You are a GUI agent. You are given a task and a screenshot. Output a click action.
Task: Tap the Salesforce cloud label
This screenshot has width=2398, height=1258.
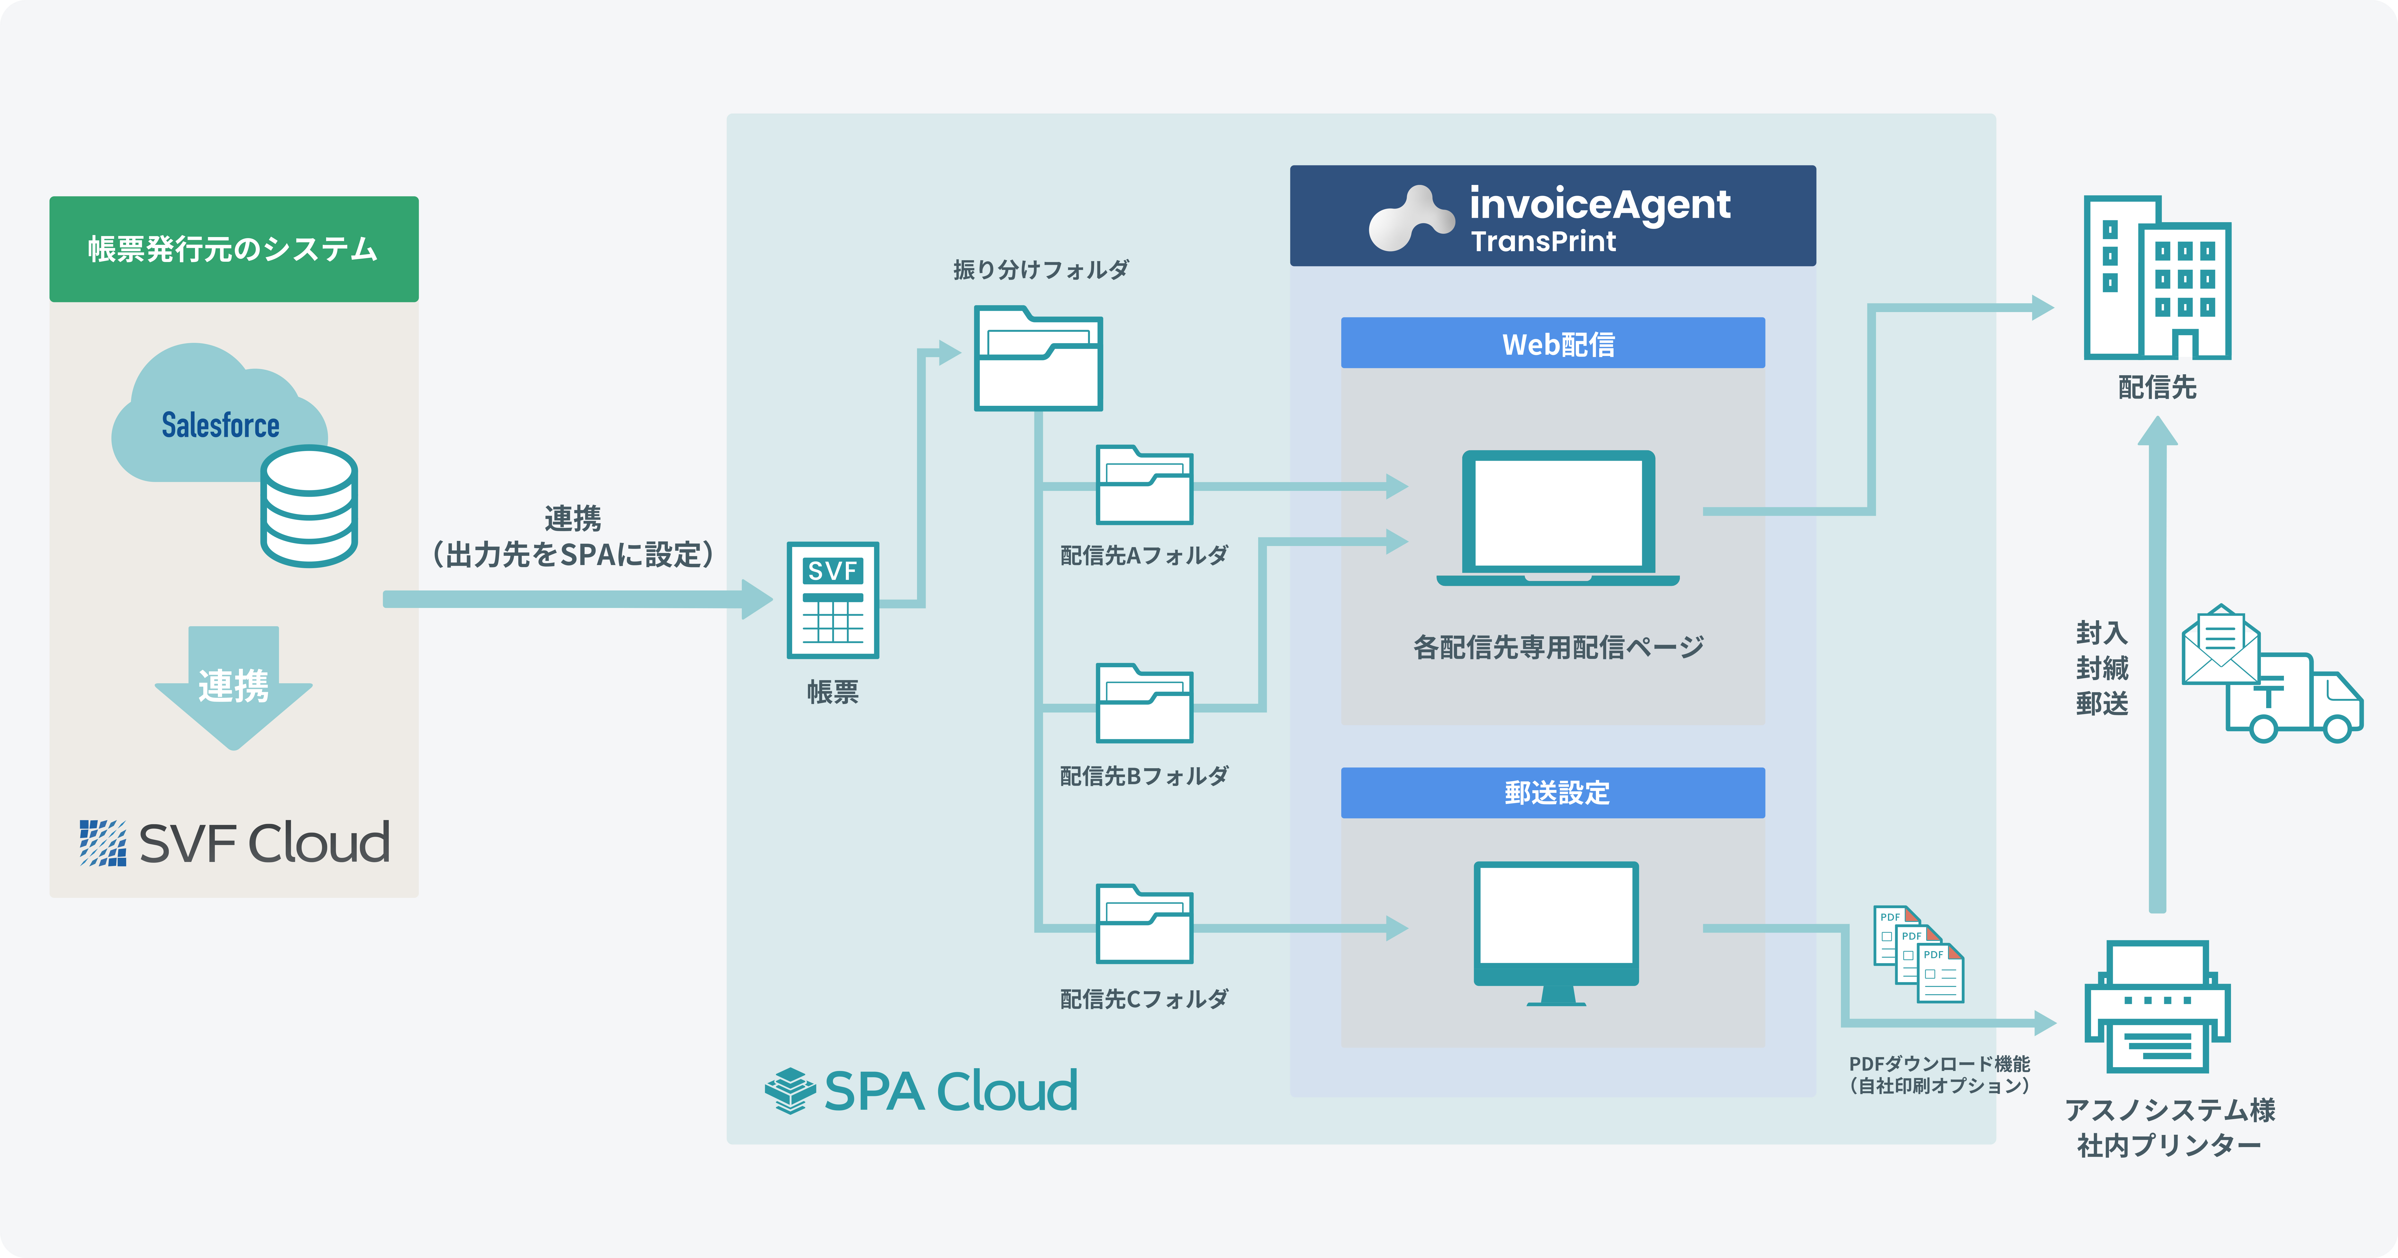pyautogui.click(x=221, y=425)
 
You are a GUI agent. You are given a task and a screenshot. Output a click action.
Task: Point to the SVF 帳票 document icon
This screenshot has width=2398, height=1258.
pyautogui.click(x=833, y=600)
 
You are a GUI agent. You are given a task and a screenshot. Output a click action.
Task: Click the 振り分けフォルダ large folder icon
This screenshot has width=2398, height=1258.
pyautogui.click(x=1038, y=358)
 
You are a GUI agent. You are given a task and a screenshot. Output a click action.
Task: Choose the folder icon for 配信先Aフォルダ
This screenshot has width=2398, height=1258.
pyautogui.click(x=1144, y=485)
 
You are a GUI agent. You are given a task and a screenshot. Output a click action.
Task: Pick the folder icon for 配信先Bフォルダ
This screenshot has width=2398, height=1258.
pyautogui.click(x=1144, y=703)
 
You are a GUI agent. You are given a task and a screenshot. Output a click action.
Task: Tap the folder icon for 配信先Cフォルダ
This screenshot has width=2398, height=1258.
pyautogui.click(x=1144, y=924)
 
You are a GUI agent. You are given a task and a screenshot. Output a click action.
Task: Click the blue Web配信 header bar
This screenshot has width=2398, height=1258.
pyautogui.click(x=1553, y=343)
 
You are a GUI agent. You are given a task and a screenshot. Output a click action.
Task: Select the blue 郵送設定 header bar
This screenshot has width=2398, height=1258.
pyautogui.click(x=1553, y=793)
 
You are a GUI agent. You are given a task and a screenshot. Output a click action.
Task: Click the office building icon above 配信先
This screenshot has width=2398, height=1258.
pyautogui.click(x=2157, y=277)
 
